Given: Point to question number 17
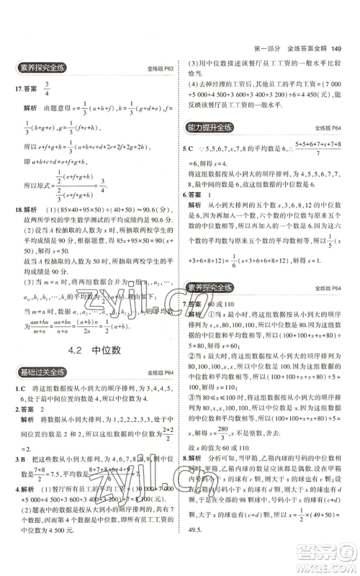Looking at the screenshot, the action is (x=19, y=91).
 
